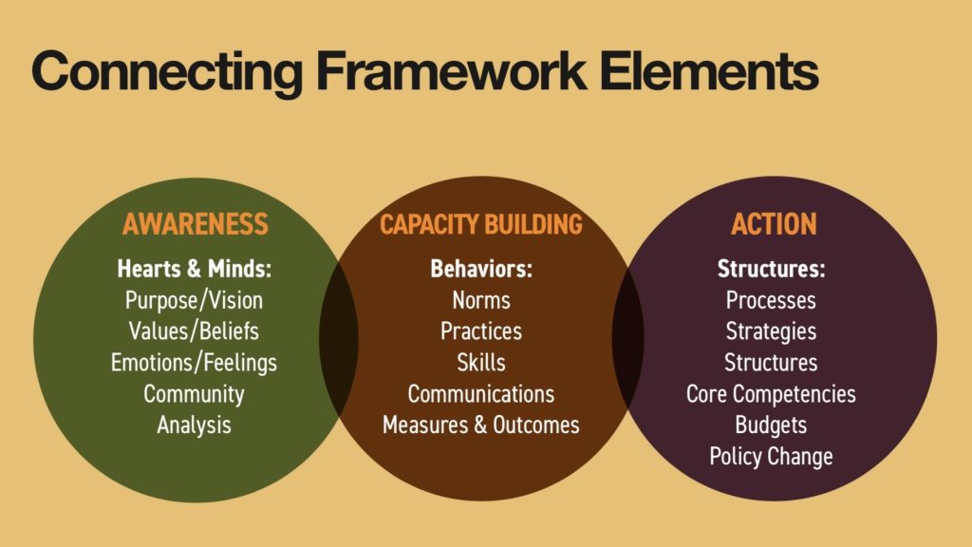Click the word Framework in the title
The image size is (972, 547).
pyautogui.click(x=451, y=70)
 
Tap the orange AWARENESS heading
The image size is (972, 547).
pyautogui.click(x=196, y=224)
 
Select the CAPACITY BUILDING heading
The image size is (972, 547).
pyautogui.click(x=481, y=224)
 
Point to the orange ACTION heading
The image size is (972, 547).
pyautogui.click(x=774, y=224)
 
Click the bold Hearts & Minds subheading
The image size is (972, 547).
pyautogui.click(x=194, y=269)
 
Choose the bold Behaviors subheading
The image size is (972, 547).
pyautogui.click(x=481, y=269)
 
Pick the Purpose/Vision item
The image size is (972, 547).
pyautogui.click(x=194, y=301)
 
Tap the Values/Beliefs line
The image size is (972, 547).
pyautogui.click(x=194, y=331)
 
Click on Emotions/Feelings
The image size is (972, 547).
pyautogui.click(x=194, y=363)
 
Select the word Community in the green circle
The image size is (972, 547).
pyautogui.click(x=194, y=394)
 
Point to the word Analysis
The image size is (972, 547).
pyautogui.click(x=194, y=425)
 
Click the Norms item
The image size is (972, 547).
pyautogui.click(x=481, y=301)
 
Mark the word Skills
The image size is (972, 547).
pyautogui.click(x=481, y=362)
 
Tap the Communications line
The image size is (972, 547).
pyautogui.click(x=481, y=394)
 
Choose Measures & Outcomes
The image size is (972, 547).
pyautogui.click(x=481, y=424)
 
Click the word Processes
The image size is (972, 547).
pyautogui.click(x=771, y=301)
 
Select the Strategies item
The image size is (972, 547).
pyautogui.click(x=771, y=331)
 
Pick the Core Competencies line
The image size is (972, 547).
pyautogui.click(x=771, y=394)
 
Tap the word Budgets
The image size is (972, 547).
pyautogui.click(x=771, y=425)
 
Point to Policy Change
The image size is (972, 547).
pyautogui.click(x=771, y=457)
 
